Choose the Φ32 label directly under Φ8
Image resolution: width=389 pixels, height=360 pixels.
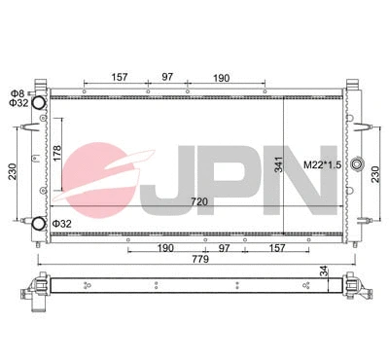pyautogui.click(x=18, y=102)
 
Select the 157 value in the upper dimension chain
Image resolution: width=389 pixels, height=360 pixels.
pyautogui.click(x=119, y=76)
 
